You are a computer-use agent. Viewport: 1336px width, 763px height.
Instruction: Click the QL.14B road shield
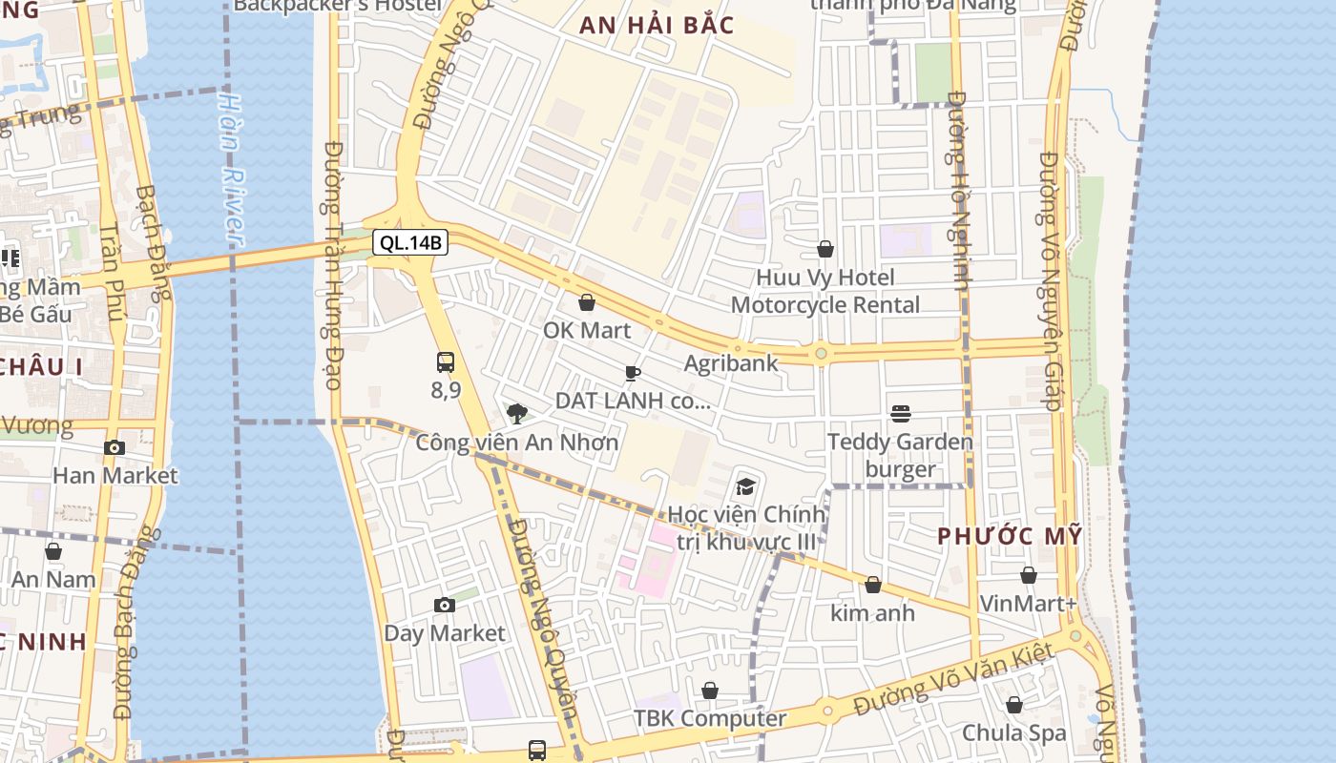pos(410,242)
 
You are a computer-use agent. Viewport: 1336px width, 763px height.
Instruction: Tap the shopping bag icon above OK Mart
pos(587,302)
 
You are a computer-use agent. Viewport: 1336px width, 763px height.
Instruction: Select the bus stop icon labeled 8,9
pos(446,362)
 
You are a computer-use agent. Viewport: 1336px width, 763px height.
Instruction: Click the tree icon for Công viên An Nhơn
pos(517,413)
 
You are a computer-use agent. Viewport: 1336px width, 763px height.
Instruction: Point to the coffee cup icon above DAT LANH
pos(632,373)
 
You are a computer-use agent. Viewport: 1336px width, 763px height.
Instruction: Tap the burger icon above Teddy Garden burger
pos(900,413)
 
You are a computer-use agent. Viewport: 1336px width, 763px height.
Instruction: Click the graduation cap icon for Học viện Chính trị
pos(745,486)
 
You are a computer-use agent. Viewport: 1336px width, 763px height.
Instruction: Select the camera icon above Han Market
pos(115,447)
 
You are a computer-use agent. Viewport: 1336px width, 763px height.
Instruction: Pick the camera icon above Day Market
pos(444,605)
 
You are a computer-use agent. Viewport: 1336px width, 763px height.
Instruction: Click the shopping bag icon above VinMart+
pos(1028,575)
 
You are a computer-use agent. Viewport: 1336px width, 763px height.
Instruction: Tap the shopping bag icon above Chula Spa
pos(1013,705)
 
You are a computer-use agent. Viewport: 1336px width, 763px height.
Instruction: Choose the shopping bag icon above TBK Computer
pos(710,690)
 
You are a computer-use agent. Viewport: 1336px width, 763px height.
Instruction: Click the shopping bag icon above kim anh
pos(872,585)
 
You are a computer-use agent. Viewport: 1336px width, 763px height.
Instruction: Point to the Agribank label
pos(731,363)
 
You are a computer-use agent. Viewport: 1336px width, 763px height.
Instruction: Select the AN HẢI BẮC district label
pos(658,25)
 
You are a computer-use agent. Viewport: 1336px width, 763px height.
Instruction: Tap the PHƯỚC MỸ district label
pos(1010,536)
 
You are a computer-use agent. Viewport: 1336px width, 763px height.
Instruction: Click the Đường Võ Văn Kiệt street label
pos(954,680)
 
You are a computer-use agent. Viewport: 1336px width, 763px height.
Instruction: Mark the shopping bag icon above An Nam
pos(53,551)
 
